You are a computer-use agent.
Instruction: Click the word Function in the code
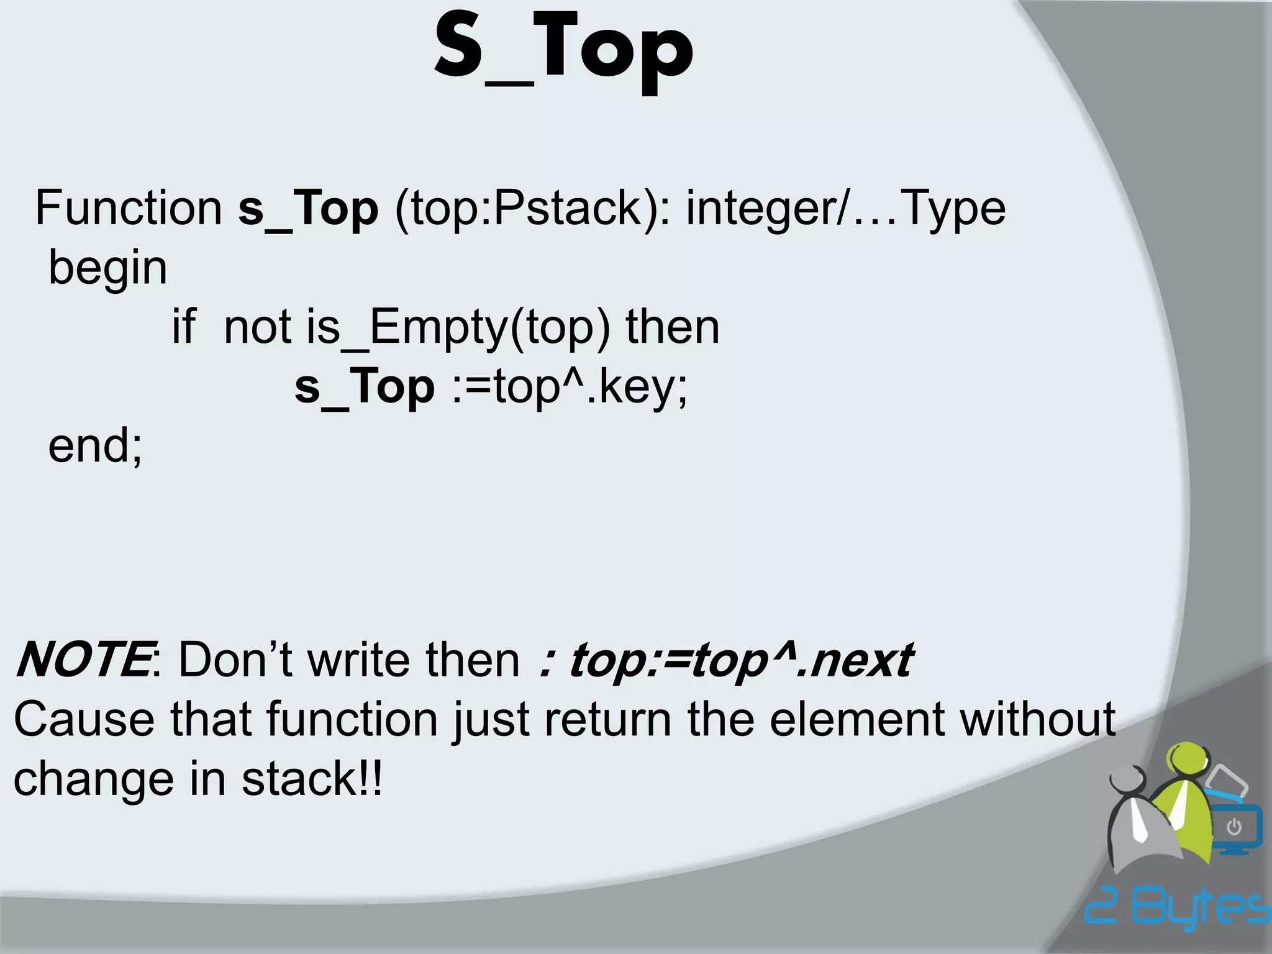128,208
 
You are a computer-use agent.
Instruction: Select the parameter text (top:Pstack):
532,209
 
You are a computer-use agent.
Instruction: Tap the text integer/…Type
845,209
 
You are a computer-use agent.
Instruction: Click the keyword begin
108,268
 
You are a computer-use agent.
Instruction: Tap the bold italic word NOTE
82,660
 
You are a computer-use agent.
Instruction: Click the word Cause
83,719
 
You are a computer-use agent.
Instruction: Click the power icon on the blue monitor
1234,827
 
